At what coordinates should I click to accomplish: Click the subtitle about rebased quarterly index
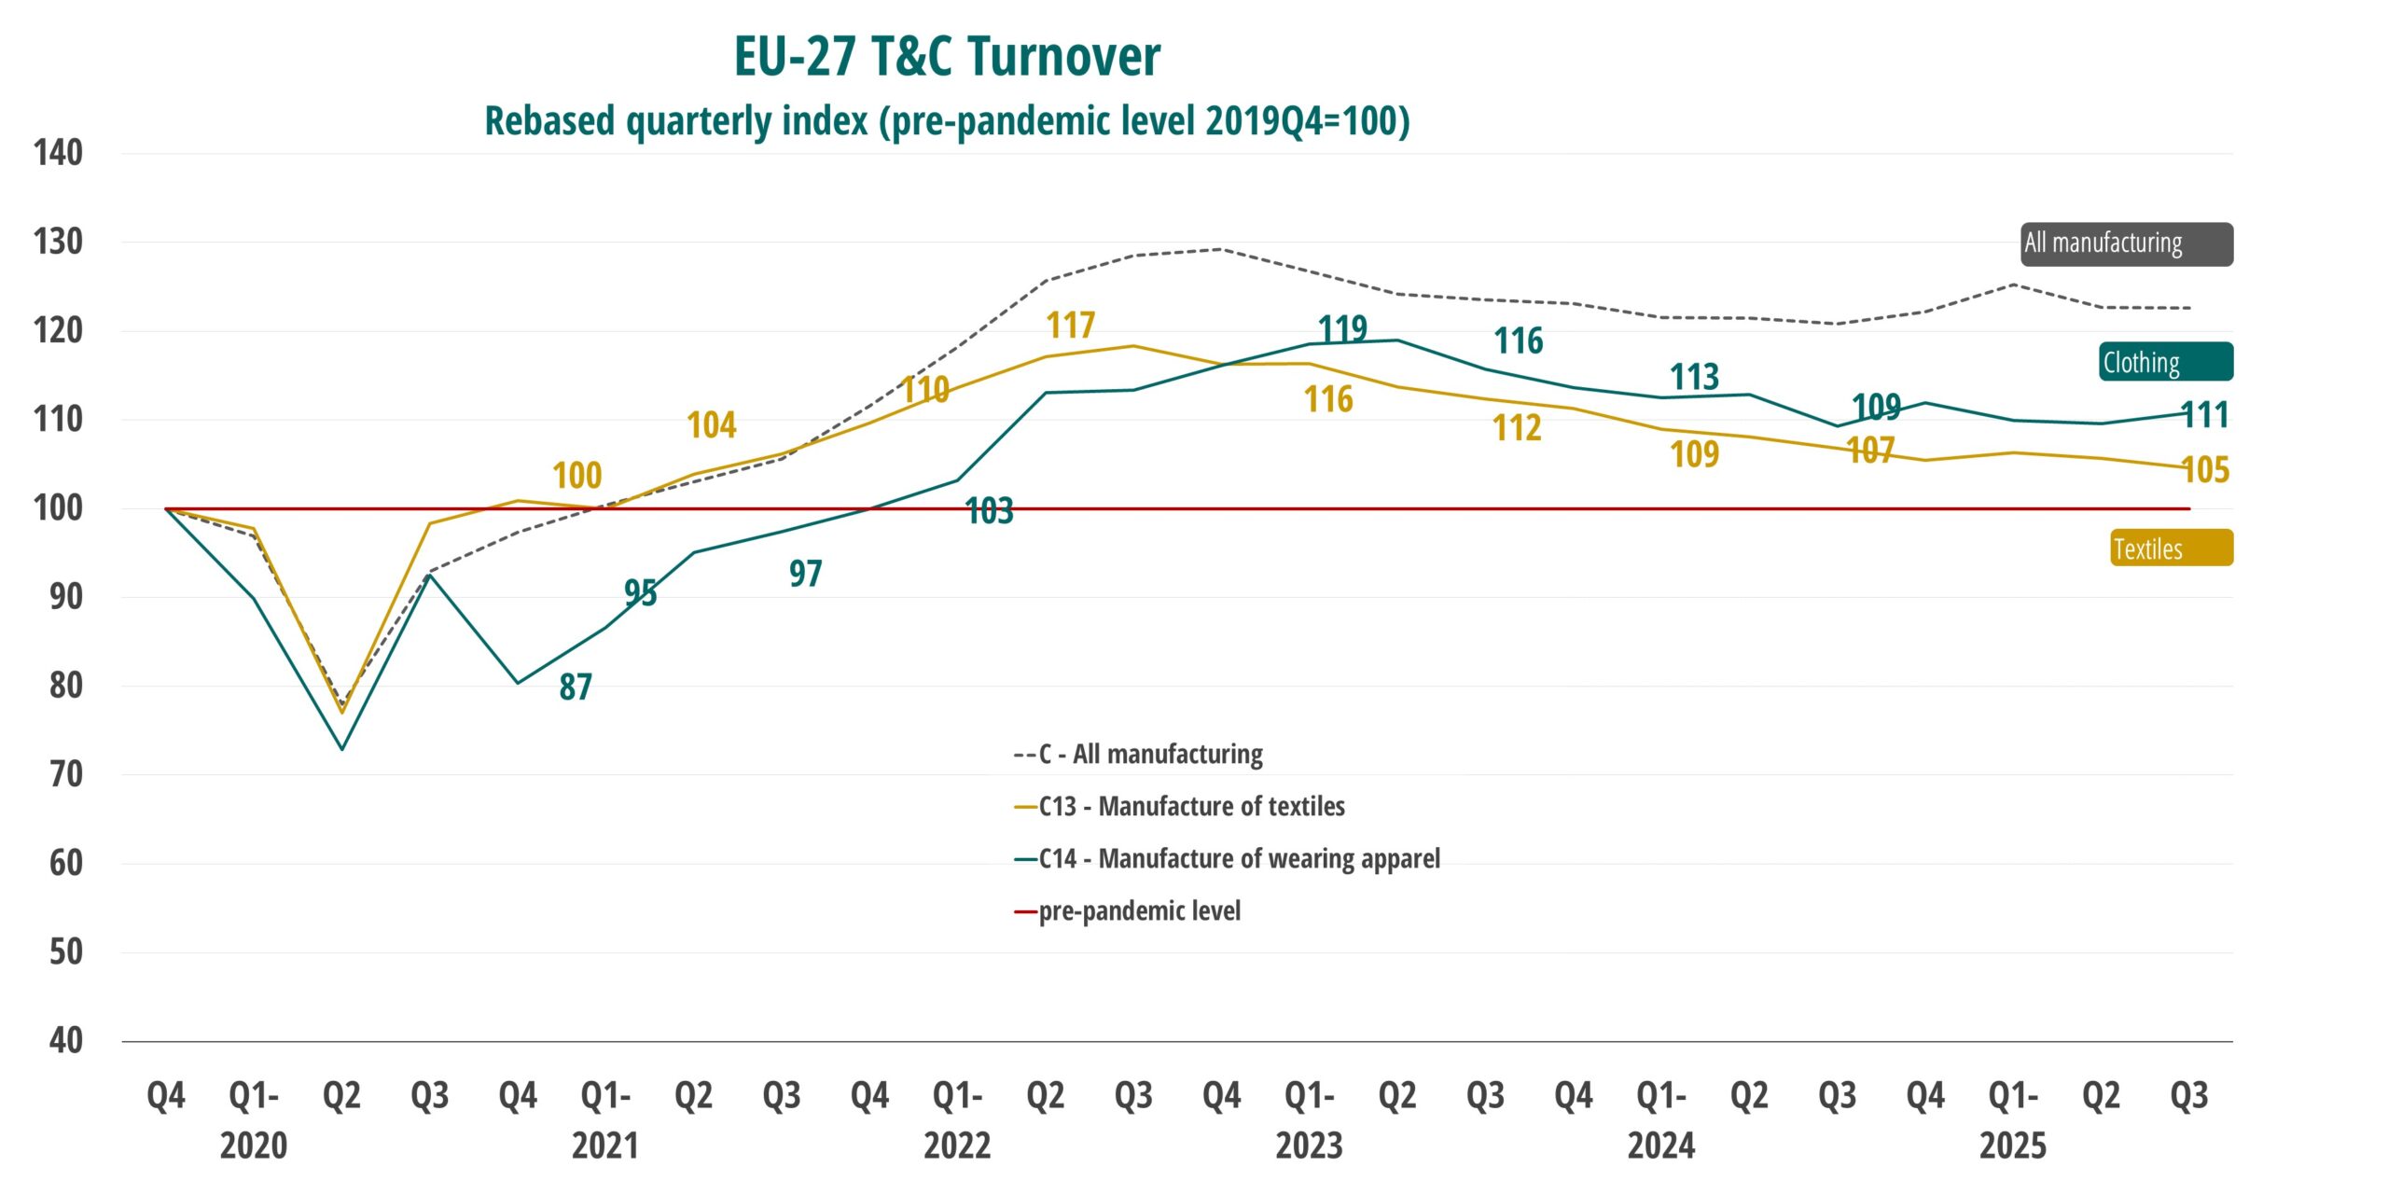point(947,121)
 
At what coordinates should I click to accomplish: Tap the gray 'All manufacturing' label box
point(2127,244)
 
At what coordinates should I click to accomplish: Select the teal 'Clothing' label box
point(2166,362)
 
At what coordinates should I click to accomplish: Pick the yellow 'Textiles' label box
point(2172,548)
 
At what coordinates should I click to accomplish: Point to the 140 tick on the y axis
point(58,153)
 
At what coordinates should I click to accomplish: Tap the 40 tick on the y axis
point(65,1041)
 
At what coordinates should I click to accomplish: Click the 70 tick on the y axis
point(65,774)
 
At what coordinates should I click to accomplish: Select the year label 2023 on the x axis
point(1309,1146)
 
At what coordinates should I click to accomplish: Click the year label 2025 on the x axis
point(2013,1146)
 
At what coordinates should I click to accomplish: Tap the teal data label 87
point(576,687)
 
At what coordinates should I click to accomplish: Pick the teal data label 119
point(1342,329)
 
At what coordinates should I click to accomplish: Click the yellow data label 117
point(1070,326)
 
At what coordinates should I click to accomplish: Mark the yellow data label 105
point(2206,470)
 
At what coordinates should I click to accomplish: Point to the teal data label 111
point(2206,415)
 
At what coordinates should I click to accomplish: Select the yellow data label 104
point(712,425)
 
